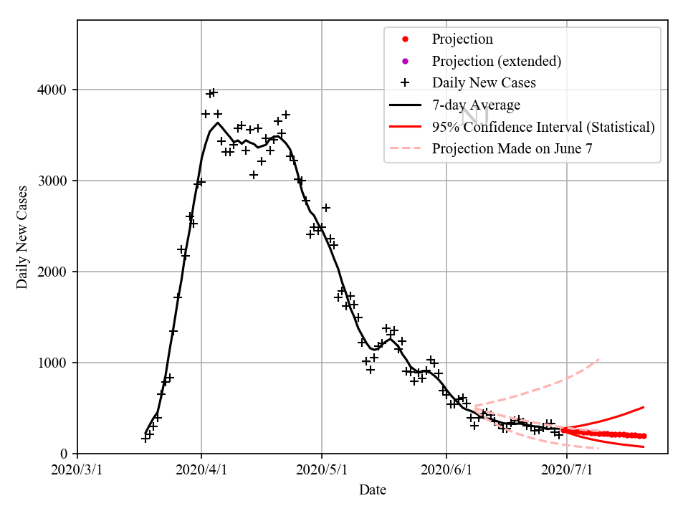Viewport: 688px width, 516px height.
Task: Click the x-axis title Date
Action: tap(373, 490)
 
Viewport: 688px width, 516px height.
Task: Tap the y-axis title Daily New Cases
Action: tap(22, 236)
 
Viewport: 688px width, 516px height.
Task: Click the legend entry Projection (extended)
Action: tap(496, 61)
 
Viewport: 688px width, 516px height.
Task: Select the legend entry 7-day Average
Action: tap(476, 105)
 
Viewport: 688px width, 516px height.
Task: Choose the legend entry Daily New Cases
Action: tap(484, 82)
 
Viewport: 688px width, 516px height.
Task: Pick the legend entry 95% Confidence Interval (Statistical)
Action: tap(543, 127)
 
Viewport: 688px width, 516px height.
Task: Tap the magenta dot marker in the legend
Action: tap(405, 61)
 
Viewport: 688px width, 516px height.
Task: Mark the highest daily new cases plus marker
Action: tap(213, 92)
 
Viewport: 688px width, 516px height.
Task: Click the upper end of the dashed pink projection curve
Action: tap(598, 359)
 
